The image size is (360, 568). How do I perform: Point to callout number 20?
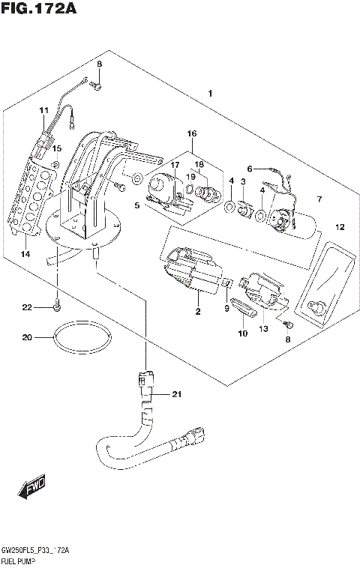click(x=27, y=337)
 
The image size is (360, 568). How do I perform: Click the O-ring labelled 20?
click(x=82, y=339)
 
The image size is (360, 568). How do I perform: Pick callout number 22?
click(x=27, y=308)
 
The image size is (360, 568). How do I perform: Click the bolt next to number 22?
click(x=57, y=305)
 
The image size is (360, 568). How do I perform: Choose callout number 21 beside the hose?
click(x=177, y=395)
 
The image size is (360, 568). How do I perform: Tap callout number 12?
click(x=339, y=226)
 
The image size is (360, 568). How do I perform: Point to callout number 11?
click(x=43, y=111)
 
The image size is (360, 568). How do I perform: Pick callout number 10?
click(x=242, y=333)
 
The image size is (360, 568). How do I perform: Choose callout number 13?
click(x=263, y=328)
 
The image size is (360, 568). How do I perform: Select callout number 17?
click(x=174, y=165)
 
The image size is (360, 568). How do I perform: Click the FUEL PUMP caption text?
click(x=20, y=560)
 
